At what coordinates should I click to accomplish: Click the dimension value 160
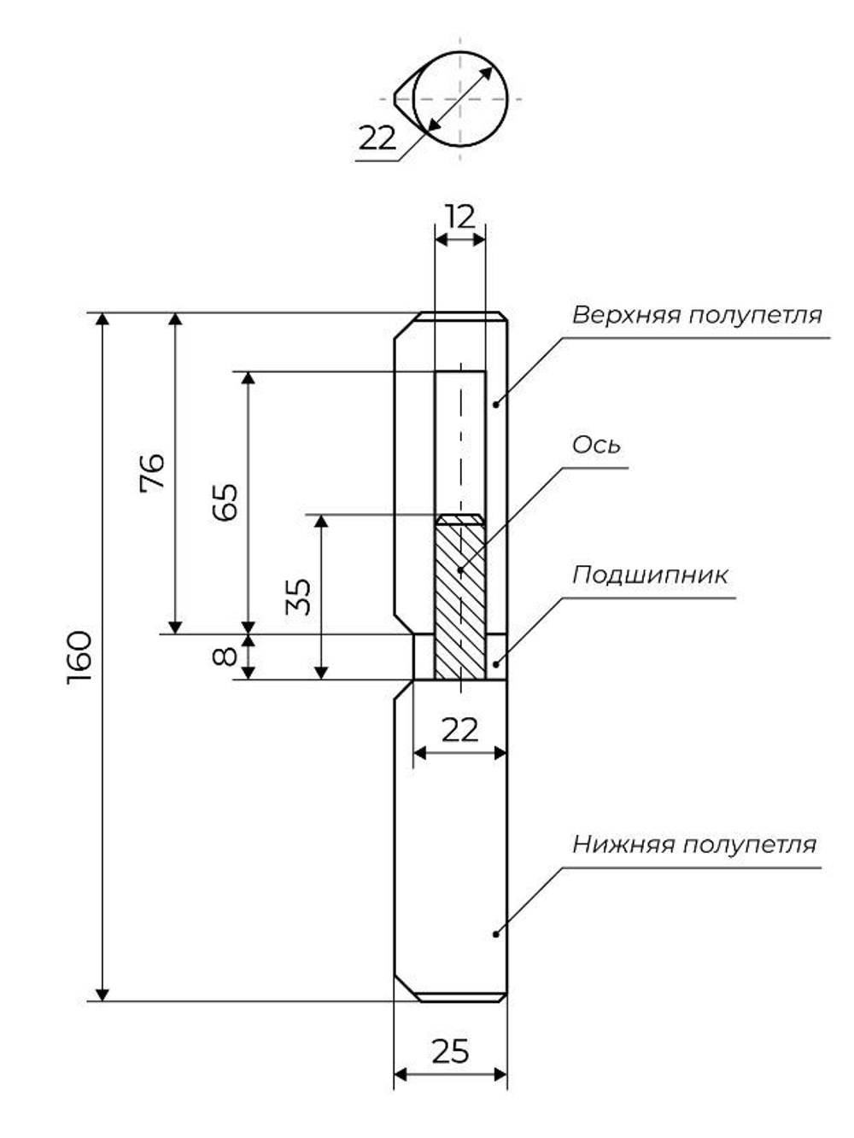click(79, 657)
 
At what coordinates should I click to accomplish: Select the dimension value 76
click(153, 471)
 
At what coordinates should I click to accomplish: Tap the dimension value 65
click(225, 503)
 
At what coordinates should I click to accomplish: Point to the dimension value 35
click(298, 597)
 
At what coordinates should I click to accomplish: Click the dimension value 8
click(225, 657)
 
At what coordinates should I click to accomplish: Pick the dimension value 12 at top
click(460, 217)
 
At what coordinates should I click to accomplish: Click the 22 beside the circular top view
click(377, 137)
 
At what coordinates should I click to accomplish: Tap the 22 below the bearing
click(459, 730)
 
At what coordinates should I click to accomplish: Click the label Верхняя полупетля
click(697, 315)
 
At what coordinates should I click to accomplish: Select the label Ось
click(596, 445)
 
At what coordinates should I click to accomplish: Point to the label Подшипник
click(650, 575)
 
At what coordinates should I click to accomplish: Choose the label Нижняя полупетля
click(694, 844)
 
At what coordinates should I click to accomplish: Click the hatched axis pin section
click(460, 598)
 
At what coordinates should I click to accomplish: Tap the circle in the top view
click(461, 98)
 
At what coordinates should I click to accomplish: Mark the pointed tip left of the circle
click(397, 97)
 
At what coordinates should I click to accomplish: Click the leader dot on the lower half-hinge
click(495, 934)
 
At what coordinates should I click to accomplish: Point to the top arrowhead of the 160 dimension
click(102, 320)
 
